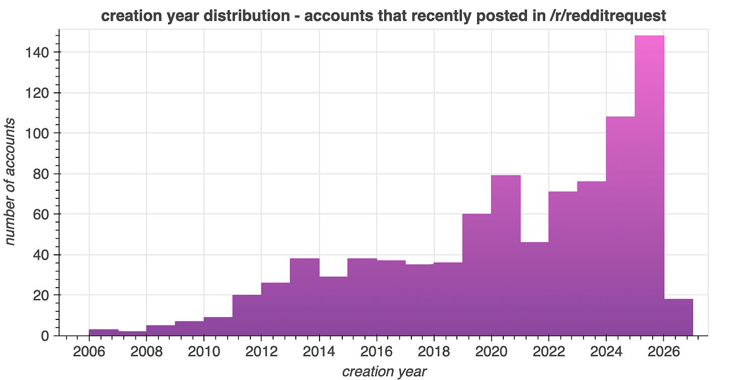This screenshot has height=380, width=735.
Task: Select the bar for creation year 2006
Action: pyautogui.click(x=103, y=332)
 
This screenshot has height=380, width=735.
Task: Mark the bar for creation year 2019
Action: pyautogui.click(x=477, y=275)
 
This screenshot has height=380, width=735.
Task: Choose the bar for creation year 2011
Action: pyautogui.click(x=247, y=315)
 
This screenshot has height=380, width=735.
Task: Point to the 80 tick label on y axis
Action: pyautogui.click(x=40, y=174)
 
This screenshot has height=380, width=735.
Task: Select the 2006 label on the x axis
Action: pyautogui.click(x=89, y=351)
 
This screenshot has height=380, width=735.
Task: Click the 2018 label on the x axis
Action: pyautogui.click(x=433, y=351)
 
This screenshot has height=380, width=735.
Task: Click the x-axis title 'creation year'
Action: pyautogui.click(x=384, y=371)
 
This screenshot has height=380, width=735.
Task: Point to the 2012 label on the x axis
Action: pyautogui.click(x=261, y=351)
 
